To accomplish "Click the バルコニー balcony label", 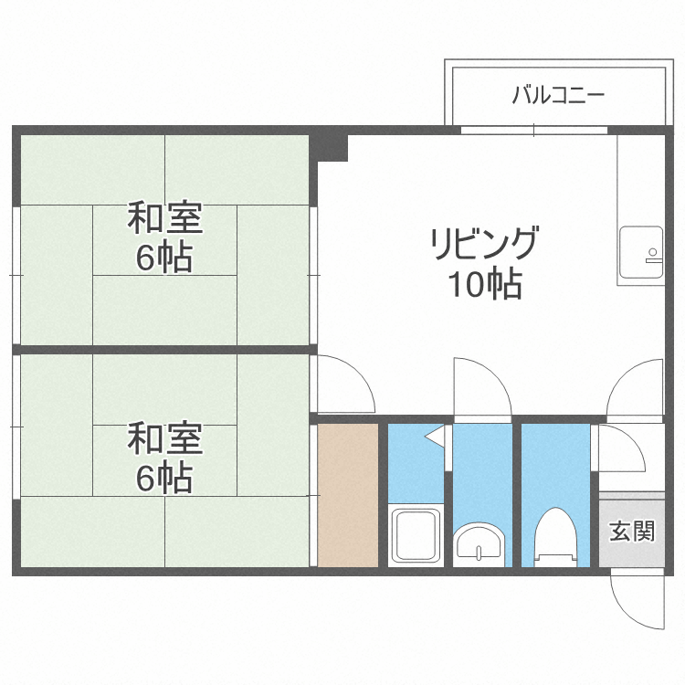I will point(558,94).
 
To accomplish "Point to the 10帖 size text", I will point(484,286).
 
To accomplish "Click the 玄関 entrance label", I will point(632,531).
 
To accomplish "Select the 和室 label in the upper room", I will point(164,219).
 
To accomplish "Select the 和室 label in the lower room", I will point(164,439).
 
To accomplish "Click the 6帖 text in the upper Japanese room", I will point(164,258).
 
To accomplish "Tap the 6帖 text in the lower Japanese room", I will point(164,478).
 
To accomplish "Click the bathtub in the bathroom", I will point(416,535).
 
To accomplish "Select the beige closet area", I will point(347,493).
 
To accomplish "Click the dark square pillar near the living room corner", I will point(333,146).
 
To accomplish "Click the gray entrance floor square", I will point(632,531).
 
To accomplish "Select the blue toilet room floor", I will point(555,475).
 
